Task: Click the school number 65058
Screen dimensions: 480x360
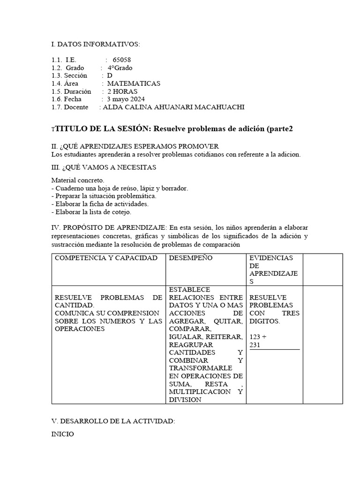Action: (x=122, y=60)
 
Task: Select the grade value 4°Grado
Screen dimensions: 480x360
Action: (x=120, y=68)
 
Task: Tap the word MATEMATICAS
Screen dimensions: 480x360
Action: (x=134, y=83)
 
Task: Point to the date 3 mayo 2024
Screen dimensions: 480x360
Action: (x=126, y=99)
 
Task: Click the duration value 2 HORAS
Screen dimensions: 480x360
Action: (x=123, y=91)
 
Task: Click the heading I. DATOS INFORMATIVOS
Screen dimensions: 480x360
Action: (x=95, y=44)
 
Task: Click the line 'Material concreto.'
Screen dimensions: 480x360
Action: (x=78, y=180)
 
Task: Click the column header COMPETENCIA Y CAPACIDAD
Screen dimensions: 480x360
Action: (x=106, y=258)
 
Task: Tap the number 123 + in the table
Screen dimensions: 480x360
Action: (x=258, y=337)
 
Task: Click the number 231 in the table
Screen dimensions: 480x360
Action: (x=255, y=345)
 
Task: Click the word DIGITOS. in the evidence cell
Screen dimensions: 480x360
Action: (x=264, y=321)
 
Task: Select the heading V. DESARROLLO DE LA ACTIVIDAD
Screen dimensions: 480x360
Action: (x=113, y=421)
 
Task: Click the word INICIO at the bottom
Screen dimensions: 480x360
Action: (x=62, y=434)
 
